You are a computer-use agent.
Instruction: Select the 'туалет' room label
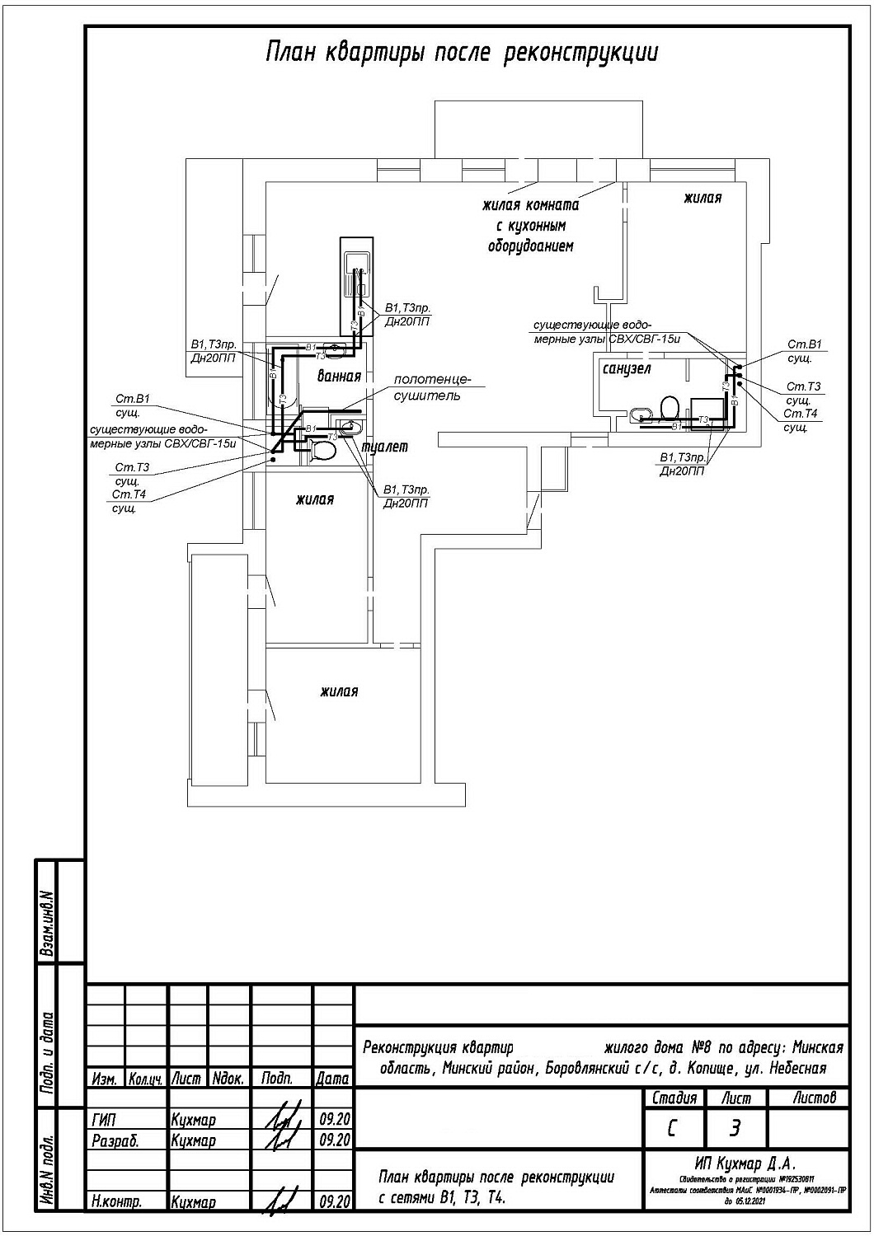click(383, 447)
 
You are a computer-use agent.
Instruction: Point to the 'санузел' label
click(627, 368)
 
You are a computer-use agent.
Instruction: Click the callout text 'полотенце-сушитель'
click(431, 388)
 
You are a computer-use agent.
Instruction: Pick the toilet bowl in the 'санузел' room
click(670, 407)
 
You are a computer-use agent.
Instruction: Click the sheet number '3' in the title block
click(735, 1128)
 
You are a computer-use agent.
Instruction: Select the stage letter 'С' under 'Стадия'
click(673, 1128)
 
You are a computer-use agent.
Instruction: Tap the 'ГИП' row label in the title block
click(105, 1121)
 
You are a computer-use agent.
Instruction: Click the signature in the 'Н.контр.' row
click(277, 1201)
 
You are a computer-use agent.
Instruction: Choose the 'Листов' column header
click(814, 1098)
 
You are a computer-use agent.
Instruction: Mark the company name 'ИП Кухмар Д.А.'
click(745, 1163)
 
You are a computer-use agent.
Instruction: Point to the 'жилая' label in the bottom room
click(339, 692)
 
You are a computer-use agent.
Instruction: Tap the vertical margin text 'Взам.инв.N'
click(48, 924)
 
